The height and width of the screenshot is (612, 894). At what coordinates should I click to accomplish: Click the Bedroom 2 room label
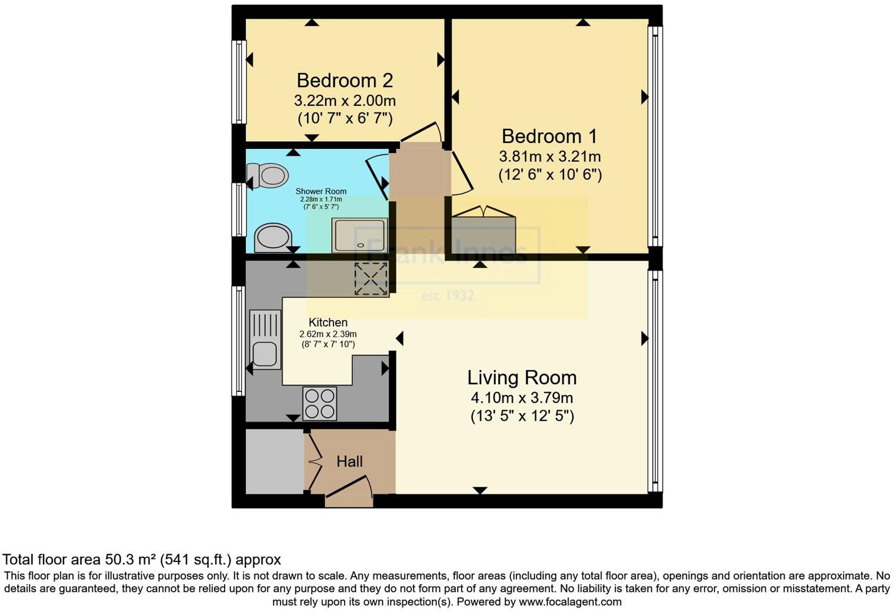[345, 80]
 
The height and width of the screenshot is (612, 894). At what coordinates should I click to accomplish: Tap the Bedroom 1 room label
[549, 136]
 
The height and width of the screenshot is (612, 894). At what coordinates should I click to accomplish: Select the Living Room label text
[522, 377]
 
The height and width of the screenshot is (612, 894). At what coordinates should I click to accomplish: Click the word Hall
[349, 461]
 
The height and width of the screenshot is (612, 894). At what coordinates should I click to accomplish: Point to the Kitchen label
[328, 322]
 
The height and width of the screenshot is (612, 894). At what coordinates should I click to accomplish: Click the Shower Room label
[321, 191]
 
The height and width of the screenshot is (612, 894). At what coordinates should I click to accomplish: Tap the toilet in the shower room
[268, 175]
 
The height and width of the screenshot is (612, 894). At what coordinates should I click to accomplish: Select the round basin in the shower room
[272, 238]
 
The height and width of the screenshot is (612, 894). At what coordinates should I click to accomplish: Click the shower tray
[359, 235]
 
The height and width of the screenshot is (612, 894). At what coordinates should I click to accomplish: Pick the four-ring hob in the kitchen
[320, 404]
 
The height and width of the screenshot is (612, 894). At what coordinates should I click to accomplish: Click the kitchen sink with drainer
[265, 340]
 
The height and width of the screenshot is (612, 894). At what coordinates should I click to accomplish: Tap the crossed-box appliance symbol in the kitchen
[371, 279]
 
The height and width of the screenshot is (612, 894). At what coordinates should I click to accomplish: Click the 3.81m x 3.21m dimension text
[550, 157]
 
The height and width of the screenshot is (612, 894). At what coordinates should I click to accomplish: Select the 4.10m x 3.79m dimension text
[522, 397]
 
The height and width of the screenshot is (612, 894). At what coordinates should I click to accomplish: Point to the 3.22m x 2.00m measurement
[345, 100]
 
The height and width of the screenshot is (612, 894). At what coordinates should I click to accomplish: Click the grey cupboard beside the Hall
[274, 462]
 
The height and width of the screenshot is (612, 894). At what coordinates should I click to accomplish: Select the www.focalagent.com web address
[570, 601]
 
